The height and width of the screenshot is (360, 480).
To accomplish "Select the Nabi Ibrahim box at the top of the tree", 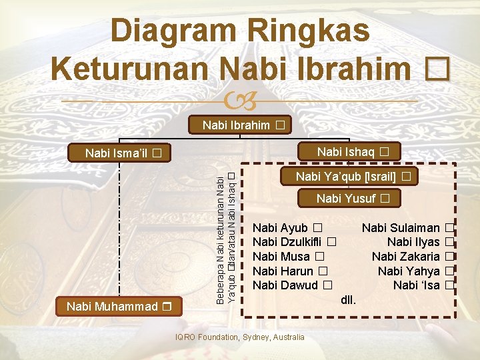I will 240,125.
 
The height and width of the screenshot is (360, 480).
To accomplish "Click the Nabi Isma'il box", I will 123,153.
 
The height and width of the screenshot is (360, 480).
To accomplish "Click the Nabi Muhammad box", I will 120,307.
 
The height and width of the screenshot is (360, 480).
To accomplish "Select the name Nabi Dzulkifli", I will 293,242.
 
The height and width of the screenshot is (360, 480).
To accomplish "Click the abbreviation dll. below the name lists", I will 348,299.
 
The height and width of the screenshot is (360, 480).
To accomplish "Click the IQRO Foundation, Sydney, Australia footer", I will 239,337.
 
